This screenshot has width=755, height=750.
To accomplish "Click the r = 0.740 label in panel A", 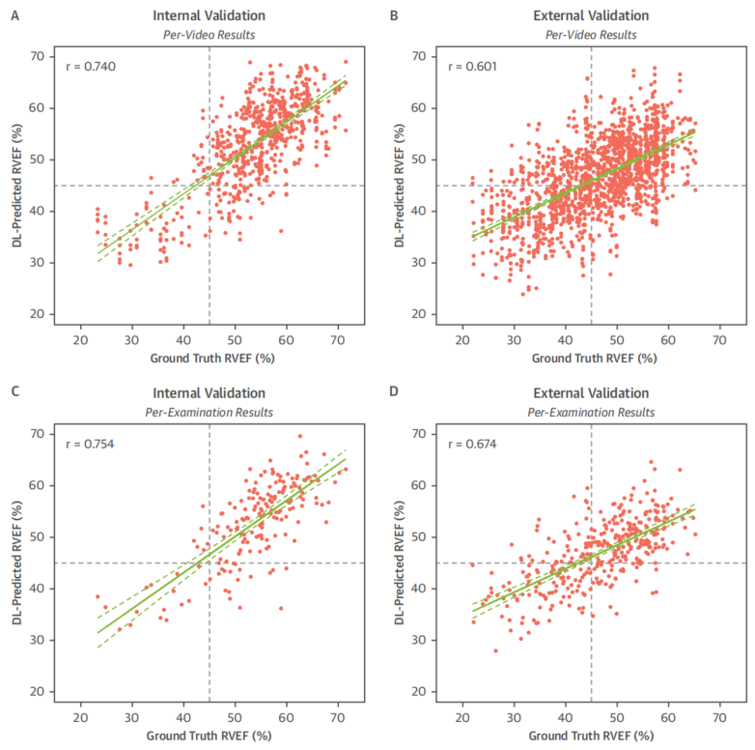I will coord(86,66).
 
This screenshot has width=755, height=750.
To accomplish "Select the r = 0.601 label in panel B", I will coord(467,66).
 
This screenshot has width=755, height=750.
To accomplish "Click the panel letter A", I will coord(13,14).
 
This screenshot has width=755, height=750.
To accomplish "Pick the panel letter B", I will coord(393,14).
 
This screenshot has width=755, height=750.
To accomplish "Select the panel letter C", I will coord(13,391).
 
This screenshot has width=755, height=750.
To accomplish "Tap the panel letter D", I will coord(393,391).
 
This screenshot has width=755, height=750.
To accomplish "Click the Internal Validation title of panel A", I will coord(210,15).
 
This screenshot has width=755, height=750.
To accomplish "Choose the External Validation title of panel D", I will coord(591,392).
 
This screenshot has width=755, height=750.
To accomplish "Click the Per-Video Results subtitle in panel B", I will coord(591,35).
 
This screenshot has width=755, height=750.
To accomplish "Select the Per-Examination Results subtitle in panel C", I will coord(210,412).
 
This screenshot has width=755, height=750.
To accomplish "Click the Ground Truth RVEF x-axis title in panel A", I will coord(210,358).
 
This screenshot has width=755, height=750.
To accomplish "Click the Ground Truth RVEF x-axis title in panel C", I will coord(210,735).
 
